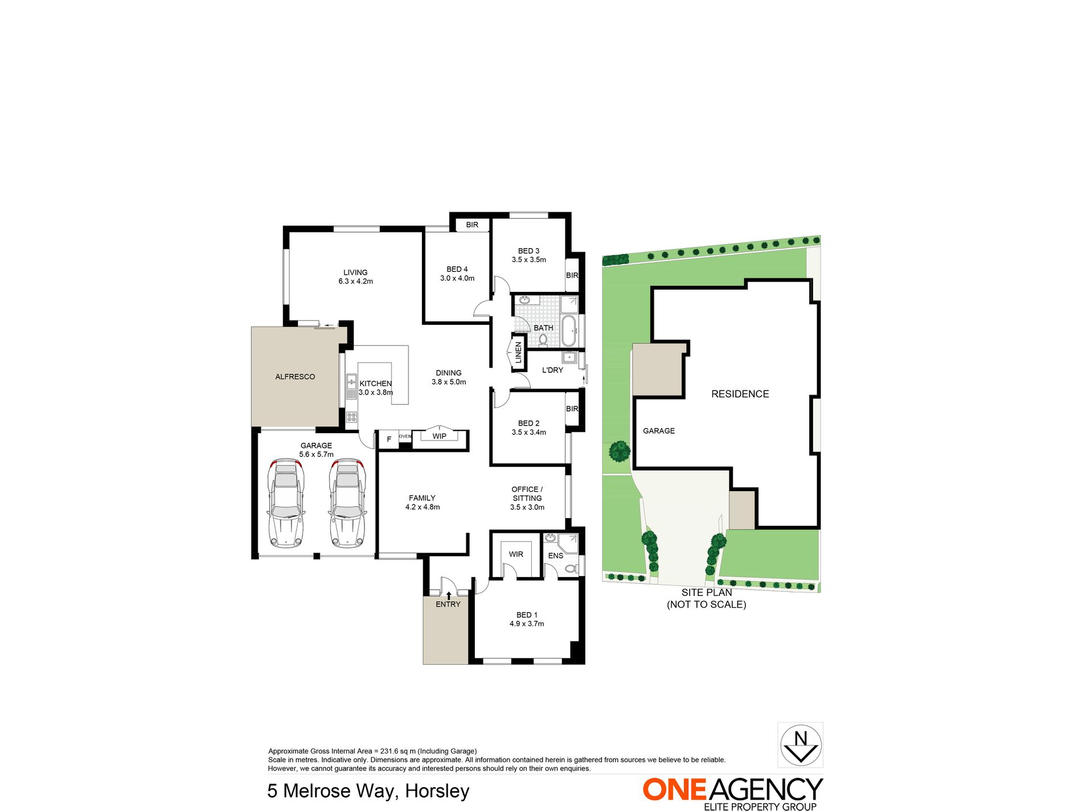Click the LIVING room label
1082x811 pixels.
[x=355, y=273]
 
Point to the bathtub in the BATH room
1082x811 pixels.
[x=569, y=331]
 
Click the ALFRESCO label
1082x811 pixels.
[x=295, y=377]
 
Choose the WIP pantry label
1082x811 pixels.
[x=439, y=437]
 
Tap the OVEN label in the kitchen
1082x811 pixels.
[x=405, y=437]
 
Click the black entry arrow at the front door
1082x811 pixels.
[x=449, y=595]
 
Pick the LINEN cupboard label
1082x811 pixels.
[x=518, y=353]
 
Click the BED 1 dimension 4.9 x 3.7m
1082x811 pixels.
[x=527, y=624]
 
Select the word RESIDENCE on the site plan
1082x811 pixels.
[x=740, y=394]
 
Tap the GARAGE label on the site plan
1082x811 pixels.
[x=659, y=431]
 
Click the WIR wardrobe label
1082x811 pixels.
[x=516, y=554]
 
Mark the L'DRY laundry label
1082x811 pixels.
[x=552, y=370]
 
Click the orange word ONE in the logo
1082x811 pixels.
[x=674, y=790]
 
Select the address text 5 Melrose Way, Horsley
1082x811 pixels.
[x=368, y=791]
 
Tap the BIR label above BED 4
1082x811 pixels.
[x=472, y=225]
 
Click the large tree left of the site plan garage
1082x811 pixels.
[x=619, y=451]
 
